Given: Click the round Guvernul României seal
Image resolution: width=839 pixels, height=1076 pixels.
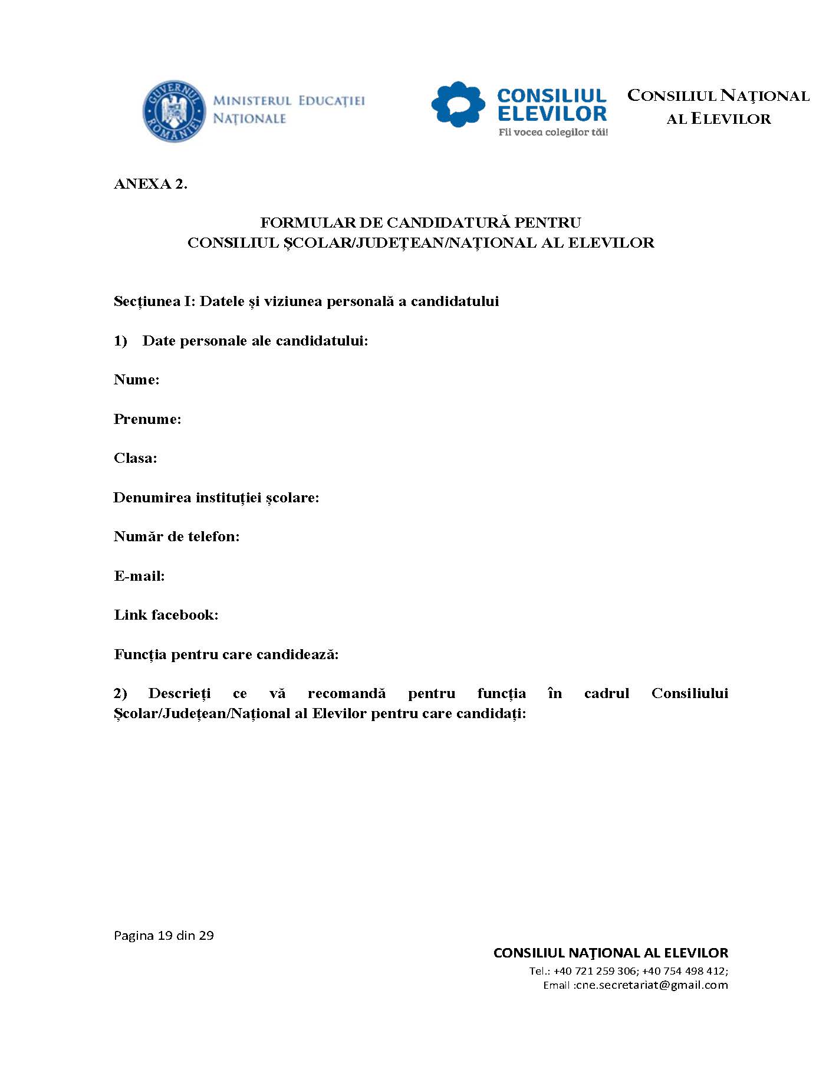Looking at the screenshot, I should coord(174,111).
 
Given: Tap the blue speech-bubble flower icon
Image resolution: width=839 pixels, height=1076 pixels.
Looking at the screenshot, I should coord(458,105).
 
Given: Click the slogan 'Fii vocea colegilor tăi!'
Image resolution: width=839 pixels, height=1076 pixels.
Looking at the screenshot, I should coord(553,133).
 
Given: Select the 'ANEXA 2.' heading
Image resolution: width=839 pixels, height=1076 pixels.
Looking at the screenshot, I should coord(150,184).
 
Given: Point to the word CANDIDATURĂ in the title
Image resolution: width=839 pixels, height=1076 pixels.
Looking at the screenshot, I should coord(448,223).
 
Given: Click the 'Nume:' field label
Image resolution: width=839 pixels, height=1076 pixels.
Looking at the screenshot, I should coord(136,380).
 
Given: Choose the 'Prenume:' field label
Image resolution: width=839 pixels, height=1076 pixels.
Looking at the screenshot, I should coord(147,419).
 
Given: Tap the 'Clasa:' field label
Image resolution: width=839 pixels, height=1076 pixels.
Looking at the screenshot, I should coord(136,458).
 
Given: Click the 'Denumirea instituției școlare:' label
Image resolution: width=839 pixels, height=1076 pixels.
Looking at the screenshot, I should coord(216,498).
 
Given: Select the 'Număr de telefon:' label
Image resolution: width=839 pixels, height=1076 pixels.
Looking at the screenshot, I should coord(176,537).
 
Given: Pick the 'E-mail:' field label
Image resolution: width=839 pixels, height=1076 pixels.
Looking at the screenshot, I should coord(139,576).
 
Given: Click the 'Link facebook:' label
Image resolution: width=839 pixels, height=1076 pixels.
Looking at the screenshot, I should coord(166,615).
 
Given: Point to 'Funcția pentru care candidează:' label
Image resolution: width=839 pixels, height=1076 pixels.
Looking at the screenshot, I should coord(226,654).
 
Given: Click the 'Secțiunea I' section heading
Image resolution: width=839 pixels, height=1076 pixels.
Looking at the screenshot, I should coord(306,301).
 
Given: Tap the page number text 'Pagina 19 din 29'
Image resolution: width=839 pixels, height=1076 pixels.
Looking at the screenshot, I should coord(163,936).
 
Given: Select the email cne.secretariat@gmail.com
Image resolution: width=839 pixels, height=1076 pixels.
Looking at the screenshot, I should coord(652,985).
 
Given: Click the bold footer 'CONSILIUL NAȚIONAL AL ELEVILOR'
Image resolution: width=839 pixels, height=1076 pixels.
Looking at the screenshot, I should coord(610,953).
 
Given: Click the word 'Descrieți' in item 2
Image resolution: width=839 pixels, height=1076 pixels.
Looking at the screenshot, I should coord(179,693).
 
